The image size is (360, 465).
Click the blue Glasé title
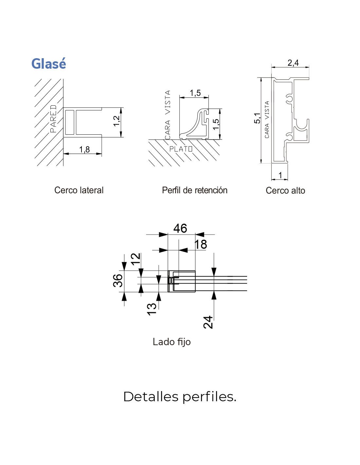tap(48, 63)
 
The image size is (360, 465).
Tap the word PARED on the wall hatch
tap(53, 118)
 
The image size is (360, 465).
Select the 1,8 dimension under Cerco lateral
tap(84, 149)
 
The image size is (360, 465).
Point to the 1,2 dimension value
tap(117, 121)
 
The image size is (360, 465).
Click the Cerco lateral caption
tap(79, 190)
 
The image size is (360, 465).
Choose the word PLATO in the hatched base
tap(181, 149)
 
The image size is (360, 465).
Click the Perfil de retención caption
tap(194, 190)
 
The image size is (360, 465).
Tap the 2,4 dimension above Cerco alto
tap(293, 63)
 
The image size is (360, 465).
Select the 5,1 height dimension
tap(258, 118)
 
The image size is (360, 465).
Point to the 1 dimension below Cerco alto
tap(280, 175)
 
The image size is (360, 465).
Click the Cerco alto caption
tap(285, 191)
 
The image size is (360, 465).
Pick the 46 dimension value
tap(180, 228)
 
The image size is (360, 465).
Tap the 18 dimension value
tap(201, 244)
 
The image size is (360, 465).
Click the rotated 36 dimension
tap(118, 281)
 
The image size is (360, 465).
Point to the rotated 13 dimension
tap(152, 309)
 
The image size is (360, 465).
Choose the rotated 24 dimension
tap(208, 322)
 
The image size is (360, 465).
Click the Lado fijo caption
tap(171, 342)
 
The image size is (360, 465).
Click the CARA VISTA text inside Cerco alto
tap(267, 120)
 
